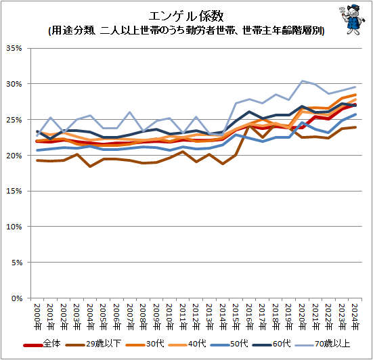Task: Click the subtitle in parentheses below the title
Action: tap(185, 30)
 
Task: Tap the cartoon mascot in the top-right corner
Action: tap(348, 21)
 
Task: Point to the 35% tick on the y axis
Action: tap(15, 49)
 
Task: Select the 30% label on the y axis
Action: tap(15, 85)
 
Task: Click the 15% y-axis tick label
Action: tap(15, 192)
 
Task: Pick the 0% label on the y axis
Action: tap(17, 298)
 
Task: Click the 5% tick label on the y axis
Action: tap(17, 263)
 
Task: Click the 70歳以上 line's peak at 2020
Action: tap(303, 81)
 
